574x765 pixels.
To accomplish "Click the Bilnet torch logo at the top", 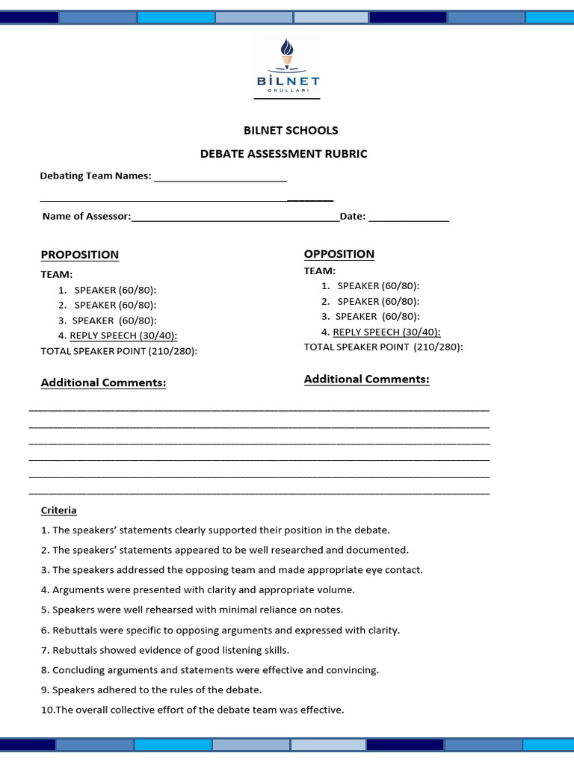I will [287, 67].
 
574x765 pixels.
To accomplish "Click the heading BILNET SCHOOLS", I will [291, 130].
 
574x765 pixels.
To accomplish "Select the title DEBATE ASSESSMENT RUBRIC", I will [283, 154].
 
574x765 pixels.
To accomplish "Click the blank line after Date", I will [409, 218].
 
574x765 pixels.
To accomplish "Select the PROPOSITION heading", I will [79, 255].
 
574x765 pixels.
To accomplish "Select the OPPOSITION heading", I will [339, 254].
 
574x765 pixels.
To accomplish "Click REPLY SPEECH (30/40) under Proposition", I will [123, 335].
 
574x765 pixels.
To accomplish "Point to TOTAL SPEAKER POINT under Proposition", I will [119, 351].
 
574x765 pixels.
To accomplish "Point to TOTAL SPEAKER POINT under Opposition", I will [383, 347].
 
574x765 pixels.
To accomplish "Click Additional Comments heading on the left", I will [103, 382].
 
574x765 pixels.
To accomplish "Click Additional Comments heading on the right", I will [366, 380].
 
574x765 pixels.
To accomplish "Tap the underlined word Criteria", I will [58, 510].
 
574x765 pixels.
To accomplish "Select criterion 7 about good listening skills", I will [165, 650].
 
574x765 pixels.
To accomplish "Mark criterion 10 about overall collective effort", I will [192, 710].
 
